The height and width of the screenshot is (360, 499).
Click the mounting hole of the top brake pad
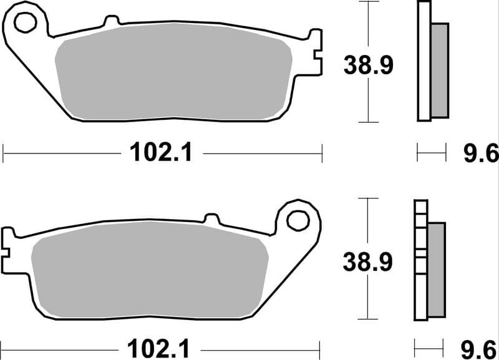[26, 23]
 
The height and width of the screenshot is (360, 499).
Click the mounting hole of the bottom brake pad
[298, 220]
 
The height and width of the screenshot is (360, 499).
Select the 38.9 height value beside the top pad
[368, 65]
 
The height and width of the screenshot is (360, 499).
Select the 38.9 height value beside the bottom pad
[367, 262]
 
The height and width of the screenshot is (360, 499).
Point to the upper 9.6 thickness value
[480, 152]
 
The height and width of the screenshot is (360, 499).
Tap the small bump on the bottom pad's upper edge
[213, 218]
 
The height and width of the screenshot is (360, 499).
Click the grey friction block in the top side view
[440, 70]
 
